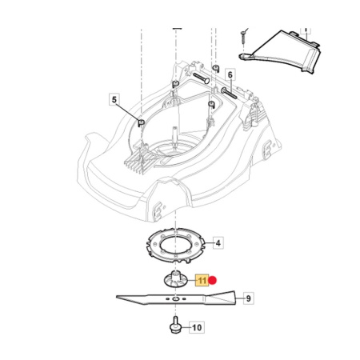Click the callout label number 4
point(218,243)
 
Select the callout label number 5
point(114,100)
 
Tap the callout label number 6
point(230,75)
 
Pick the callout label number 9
point(248,298)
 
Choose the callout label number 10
point(197,327)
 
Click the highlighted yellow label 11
point(202,280)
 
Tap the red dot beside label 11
point(213,280)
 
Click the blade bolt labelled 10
point(174,325)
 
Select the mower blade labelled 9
point(176,298)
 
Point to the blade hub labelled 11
point(175,279)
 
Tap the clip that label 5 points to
point(141,122)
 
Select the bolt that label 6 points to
point(229,94)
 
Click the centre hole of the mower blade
point(175,299)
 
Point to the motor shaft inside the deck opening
point(174,136)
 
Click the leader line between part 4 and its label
point(209,243)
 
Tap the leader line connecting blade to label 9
point(240,298)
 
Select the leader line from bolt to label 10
point(185,327)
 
